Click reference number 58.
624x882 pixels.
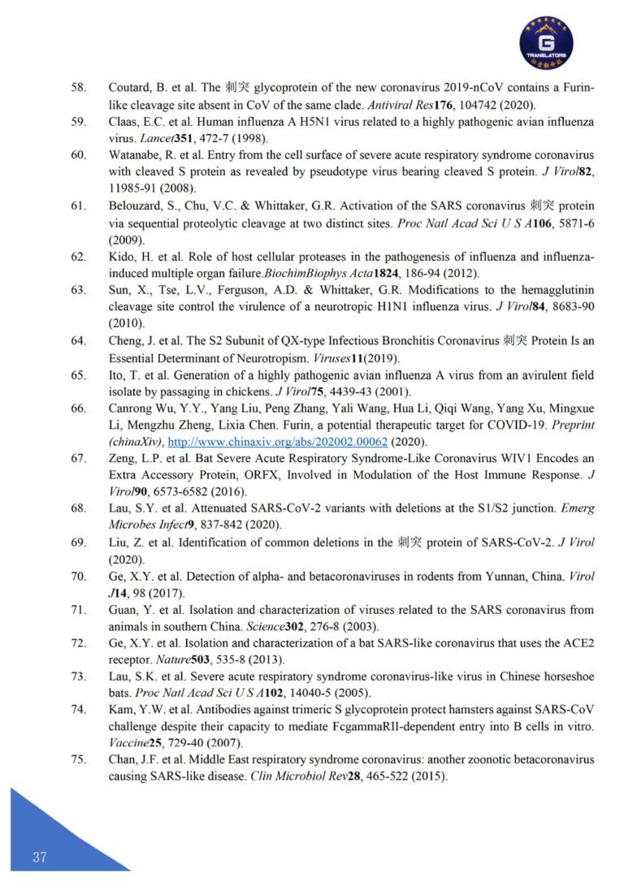pyautogui.click(x=79, y=87)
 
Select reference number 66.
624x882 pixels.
pyautogui.click(x=79, y=408)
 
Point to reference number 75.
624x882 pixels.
pyautogui.click(x=79, y=759)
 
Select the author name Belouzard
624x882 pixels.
pyautogui.click(x=137, y=206)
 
